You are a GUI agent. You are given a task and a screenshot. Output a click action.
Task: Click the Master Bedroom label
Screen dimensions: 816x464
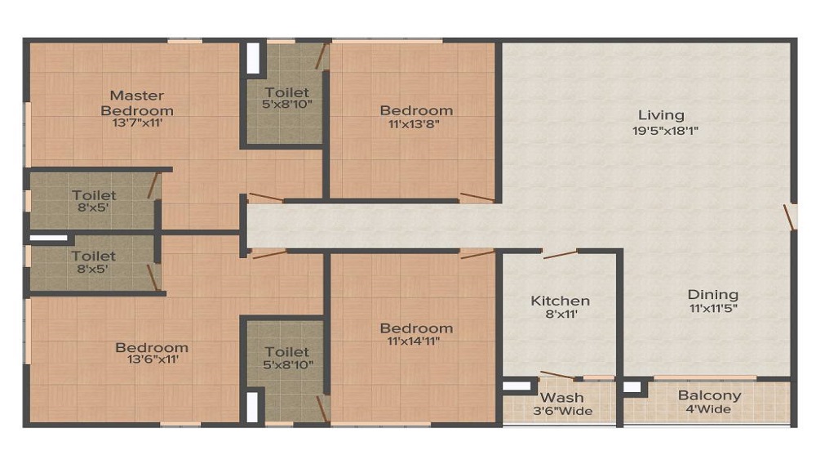[x=137, y=103]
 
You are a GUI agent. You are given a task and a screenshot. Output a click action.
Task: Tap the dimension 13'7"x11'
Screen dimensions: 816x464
[x=137, y=123]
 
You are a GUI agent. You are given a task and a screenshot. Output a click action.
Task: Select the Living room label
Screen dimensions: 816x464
[x=661, y=115]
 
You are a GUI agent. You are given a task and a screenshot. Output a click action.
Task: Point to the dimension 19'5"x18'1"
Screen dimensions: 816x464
[x=665, y=131]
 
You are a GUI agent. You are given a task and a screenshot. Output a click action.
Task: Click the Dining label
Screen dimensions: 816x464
[x=713, y=295]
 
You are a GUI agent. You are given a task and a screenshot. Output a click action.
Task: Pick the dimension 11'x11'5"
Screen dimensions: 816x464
[x=713, y=308]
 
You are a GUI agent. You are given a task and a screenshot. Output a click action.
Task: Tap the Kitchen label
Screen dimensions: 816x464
[x=561, y=301]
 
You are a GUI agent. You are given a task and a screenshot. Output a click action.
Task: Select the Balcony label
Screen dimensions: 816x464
[x=709, y=395]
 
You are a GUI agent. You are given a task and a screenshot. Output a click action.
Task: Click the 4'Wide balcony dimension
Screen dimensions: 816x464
[x=708, y=409]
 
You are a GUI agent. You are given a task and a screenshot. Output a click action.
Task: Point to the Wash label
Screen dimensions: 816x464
[x=562, y=398]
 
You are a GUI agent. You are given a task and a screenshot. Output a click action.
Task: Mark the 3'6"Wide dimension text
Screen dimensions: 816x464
[x=562, y=412]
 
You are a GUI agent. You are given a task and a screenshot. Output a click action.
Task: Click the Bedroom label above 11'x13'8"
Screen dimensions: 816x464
[x=416, y=110]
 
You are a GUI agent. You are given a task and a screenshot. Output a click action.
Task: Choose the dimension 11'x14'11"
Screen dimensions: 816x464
[x=414, y=341]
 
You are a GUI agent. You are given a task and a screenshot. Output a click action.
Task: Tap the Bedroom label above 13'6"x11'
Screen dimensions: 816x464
[x=152, y=347]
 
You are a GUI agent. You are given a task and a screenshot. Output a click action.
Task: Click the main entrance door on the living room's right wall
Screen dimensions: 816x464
[x=789, y=217]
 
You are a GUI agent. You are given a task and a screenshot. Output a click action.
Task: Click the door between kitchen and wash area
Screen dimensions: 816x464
[x=558, y=376]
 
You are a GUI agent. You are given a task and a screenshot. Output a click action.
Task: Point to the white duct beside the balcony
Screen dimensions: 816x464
[x=632, y=387]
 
